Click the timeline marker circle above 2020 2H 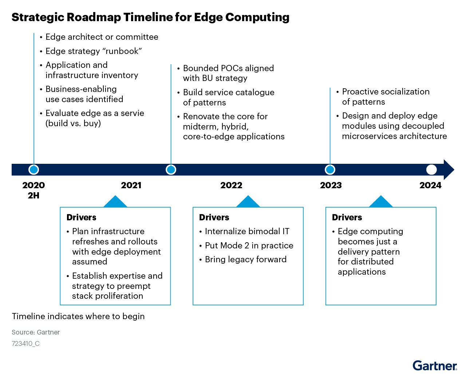pyautogui.click(x=33, y=170)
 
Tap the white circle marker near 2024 pyautogui.click(x=431, y=170)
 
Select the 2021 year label pyautogui.click(x=131, y=185)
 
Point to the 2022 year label pyautogui.click(x=231, y=185)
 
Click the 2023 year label pyautogui.click(x=331, y=185)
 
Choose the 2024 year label pyautogui.click(x=430, y=185)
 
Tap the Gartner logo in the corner pyautogui.click(x=435, y=366)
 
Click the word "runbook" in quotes pyautogui.click(x=122, y=51)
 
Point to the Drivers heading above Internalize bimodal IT pyautogui.click(x=214, y=217)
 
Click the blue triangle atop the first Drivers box pyautogui.click(x=115, y=202)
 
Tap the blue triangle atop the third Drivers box pyautogui.click(x=381, y=202)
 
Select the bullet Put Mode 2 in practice pyautogui.click(x=249, y=246)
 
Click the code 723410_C pyautogui.click(x=25, y=344)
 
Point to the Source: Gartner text pyautogui.click(x=36, y=332)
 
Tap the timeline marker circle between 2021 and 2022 pyautogui.click(x=171, y=170)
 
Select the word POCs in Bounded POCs pyautogui.click(x=232, y=68)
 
